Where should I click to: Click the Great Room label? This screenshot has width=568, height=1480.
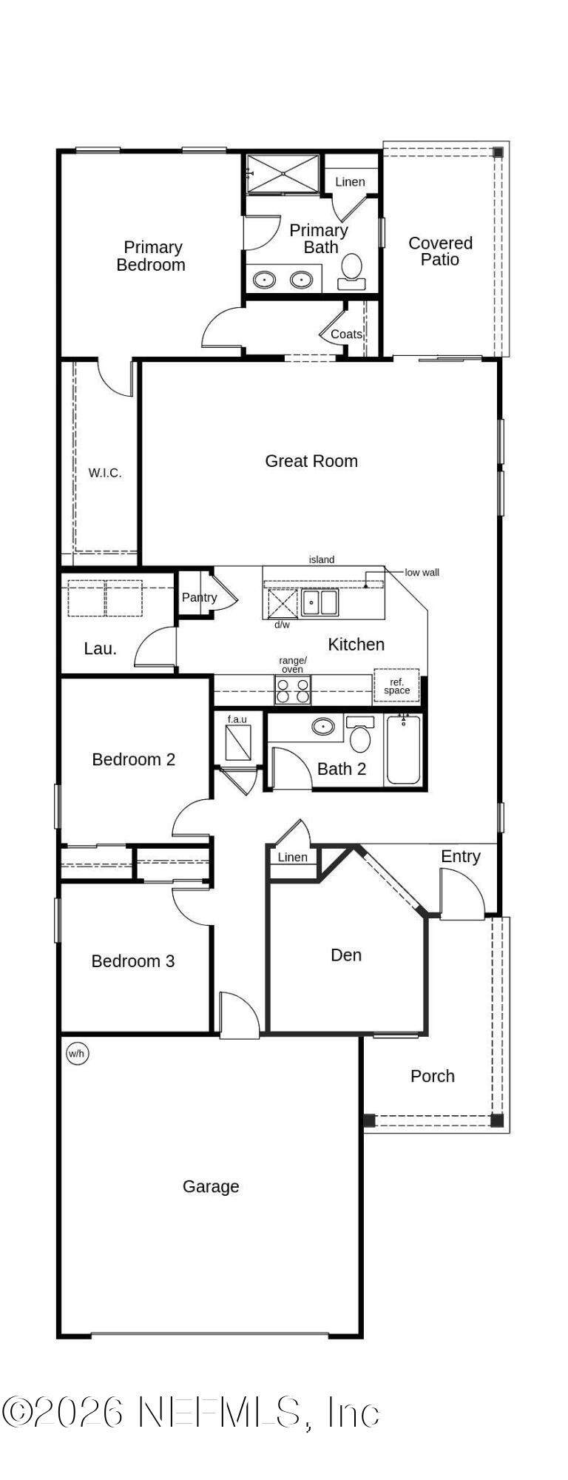[x=311, y=461]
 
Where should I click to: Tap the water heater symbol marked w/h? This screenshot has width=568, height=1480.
[x=78, y=1053]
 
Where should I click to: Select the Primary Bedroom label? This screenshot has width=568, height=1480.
[x=152, y=256]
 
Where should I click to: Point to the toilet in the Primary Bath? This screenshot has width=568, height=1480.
[x=351, y=271]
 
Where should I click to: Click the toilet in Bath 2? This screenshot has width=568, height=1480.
[x=360, y=733]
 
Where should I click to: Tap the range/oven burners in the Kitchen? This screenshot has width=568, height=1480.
[x=293, y=690]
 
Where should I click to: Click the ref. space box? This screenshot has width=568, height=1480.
[x=396, y=686]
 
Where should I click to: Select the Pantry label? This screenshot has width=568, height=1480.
[x=200, y=597]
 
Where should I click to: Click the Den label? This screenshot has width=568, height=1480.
[x=346, y=955]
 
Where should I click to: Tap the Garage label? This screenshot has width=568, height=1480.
[x=211, y=1186]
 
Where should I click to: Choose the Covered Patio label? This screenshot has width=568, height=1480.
[x=441, y=251]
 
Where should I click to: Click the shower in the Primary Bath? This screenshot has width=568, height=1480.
[x=283, y=174]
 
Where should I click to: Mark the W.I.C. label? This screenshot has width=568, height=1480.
[x=105, y=473]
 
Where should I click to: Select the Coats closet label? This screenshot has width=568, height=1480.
[x=346, y=334]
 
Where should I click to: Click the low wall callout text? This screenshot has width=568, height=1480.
[x=422, y=572]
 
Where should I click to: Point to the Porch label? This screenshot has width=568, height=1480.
[x=433, y=1076]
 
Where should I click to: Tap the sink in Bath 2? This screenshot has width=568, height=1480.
[x=322, y=727]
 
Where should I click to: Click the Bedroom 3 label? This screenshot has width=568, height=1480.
[x=133, y=961]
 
